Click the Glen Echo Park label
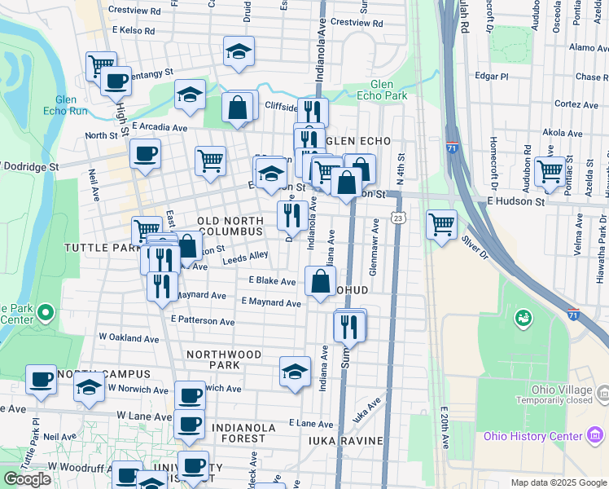(x=381, y=89)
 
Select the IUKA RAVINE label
(x=345, y=441)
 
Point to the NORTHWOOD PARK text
(x=224, y=359)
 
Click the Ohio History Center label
(x=532, y=436)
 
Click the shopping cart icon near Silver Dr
(x=441, y=222)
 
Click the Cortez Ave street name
(x=576, y=104)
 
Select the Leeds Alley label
(x=247, y=256)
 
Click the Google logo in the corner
(x=28, y=479)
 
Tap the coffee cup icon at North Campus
(x=40, y=379)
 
